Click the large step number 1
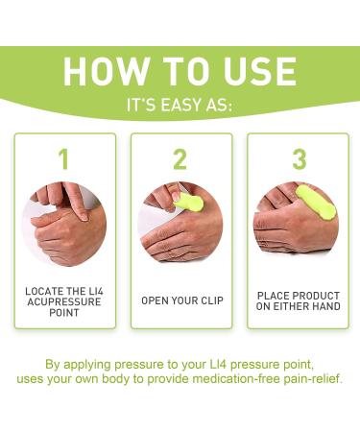(x=64, y=157)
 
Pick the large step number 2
(x=180, y=157)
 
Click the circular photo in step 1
(x=64, y=225)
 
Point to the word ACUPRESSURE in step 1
(x=64, y=300)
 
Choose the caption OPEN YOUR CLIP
(x=180, y=300)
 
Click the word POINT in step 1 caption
(x=64, y=313)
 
